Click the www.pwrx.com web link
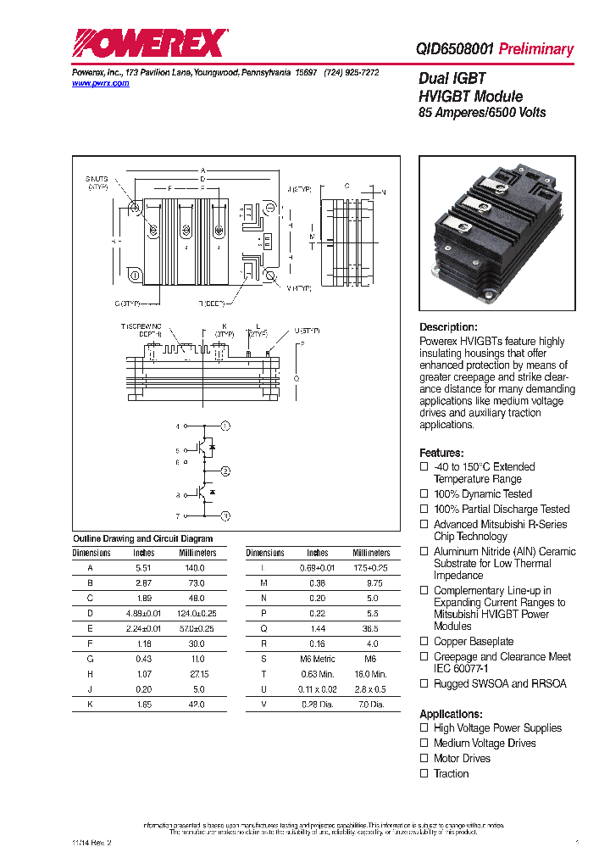tap(100, 84)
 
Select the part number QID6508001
tap(454, 49)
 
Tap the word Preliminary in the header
tap(535, 49)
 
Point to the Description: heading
tap(448, 327)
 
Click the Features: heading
tap(441, 453)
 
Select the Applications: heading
tap(451, 714)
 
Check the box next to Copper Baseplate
tap(424, 642)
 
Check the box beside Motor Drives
tap(424, 759)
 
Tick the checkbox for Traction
tap(424, 774)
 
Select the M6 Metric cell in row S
tap(318, 659)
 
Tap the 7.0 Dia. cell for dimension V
tap(371, 705)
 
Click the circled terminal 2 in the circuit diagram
tap(225, 471)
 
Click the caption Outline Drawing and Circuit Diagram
tap(142, 538)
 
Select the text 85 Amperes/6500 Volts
tap(482, 113)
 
